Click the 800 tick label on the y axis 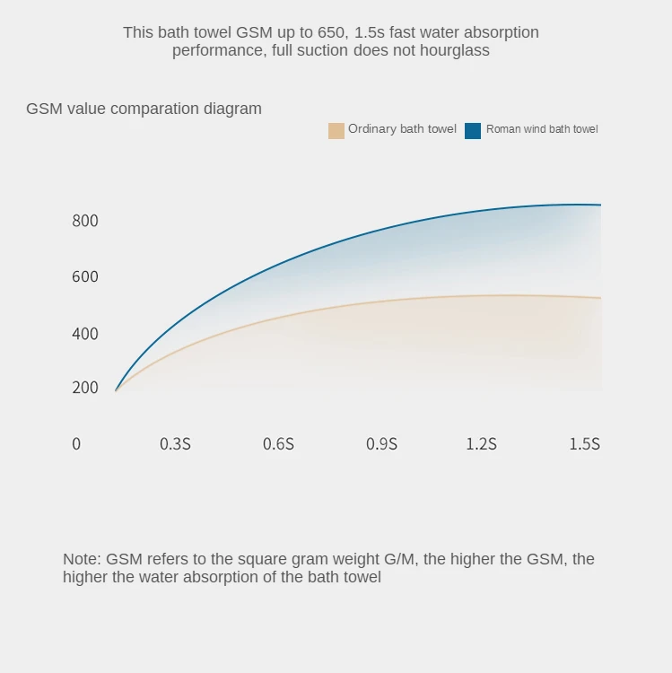pyautogui.click(x=85, y=221)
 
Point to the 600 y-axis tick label pyautogui.click(x=85, y=276)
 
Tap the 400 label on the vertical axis pyautogui.click(x=85, y=334)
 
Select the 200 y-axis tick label pyautogui.click(x=85, y=388)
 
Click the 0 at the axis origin pyautogui.click(x=76, y=443)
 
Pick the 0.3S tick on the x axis pyautogui.click(x=175, y=443)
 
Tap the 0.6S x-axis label pyautogui.click(x=278, y=443)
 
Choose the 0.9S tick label pyautogui.click(x=381, y=443)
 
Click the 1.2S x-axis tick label pyautogui.click(x=481, y=443)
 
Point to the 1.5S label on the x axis pyautogui.click(x=584, y=443)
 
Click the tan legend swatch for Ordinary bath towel pyautogui.click(x=336, y=130)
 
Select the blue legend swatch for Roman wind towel pyautogui.click(x=473, y=130)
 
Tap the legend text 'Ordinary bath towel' pyautogui.click(x=402, y=129)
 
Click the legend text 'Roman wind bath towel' pyautogui.click(x=542, y=129)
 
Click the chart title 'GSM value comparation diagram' pyautogui.click(x=144, y=109)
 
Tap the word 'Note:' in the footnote pyautogui.click(x=82, y=559)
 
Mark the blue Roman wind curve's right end pyautogui.click(x=599, y=205)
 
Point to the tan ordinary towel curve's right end pyautogui.click(x=599, y=298)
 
